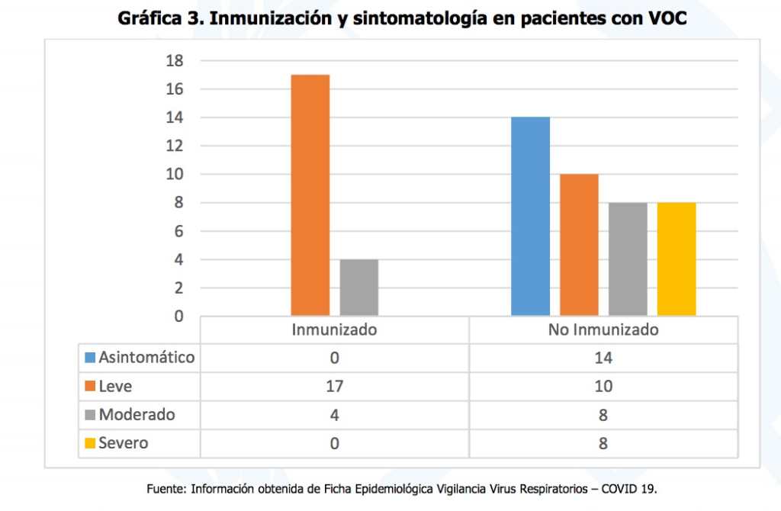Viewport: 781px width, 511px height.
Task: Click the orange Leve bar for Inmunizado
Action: click(310, 194)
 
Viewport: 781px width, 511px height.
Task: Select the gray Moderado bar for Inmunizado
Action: click(359, 288)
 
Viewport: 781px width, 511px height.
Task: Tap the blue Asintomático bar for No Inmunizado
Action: click(530, 216)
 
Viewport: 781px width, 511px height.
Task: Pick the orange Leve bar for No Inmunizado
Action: click(579, 245)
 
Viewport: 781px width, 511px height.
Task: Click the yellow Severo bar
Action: click(677, 259)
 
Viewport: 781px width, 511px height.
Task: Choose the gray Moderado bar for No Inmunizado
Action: click(628, 259)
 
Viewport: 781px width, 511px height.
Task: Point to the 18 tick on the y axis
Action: click(175, 61)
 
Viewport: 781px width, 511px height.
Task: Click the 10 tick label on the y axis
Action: click(175, 175)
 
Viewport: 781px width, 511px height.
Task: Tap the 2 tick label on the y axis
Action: click(179, 288)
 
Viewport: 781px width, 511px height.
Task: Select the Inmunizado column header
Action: click(334, 330)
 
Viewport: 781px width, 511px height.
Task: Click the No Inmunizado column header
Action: click(603, 330)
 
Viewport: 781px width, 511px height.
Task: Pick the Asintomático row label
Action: click(146, 358)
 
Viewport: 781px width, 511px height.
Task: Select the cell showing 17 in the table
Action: click(334, 387)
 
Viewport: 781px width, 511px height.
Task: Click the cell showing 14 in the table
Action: click(603, 358)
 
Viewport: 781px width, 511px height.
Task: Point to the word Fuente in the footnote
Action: click(166, 488)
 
